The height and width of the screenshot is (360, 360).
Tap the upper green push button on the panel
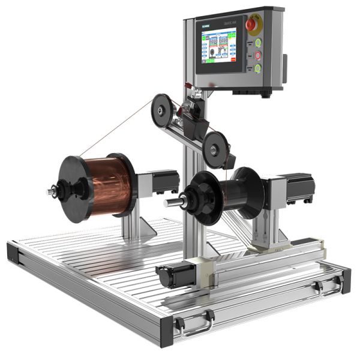coord(258,43)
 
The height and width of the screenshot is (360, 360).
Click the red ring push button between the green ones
coord(258,55)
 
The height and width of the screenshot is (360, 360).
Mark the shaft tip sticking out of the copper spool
coord(51,192)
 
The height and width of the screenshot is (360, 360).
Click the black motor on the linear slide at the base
coord(174,275)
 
